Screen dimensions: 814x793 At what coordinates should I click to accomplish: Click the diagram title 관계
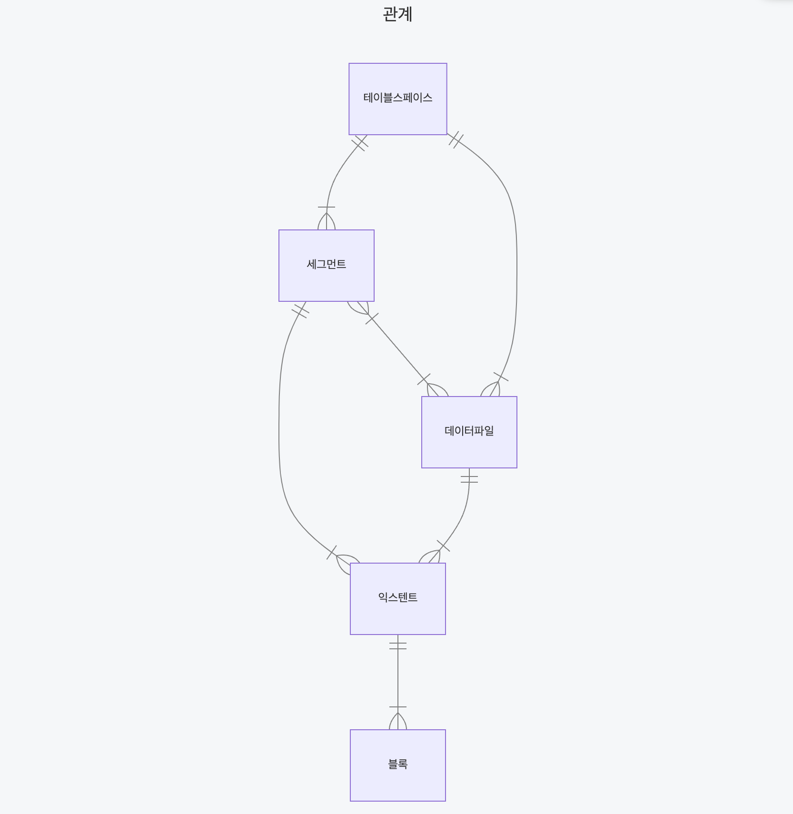(x=397, y=14)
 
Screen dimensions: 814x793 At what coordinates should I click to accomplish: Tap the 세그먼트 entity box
(x=326, y=283)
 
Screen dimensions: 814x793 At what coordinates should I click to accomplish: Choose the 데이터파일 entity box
(x=469, y=450)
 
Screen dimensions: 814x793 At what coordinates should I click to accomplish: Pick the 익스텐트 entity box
(x=397, y=616)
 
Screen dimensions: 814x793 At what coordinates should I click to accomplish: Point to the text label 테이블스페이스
(x=397, y=98)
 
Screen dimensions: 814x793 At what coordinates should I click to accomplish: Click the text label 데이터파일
(x=469, y=431)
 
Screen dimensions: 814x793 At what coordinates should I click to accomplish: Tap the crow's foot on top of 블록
(x=398, y=720)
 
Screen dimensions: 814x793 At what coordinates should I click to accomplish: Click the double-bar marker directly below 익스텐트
(x=398, y=645)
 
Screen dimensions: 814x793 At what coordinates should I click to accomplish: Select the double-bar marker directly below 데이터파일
(x=469, y=478)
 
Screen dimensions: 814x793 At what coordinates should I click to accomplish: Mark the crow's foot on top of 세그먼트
(x=327, y=220)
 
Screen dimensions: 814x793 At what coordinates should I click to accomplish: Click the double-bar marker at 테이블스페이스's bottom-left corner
(x=360, y=143)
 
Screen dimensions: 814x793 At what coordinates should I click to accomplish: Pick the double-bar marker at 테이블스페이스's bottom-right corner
(x=456, y=140)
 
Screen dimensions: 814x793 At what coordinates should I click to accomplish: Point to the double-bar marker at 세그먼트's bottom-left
(x=300, y=311)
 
